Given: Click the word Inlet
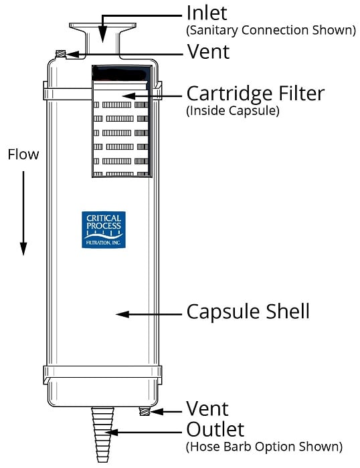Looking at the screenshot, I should tap(207, 13).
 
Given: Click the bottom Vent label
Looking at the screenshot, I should tap(207, 409).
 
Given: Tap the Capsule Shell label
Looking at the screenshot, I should tap(248, 312).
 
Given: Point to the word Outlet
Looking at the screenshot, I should tap(215, 429).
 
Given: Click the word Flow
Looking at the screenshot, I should tap(23, 154).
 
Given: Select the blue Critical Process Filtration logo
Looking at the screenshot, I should tap(102, 230).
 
